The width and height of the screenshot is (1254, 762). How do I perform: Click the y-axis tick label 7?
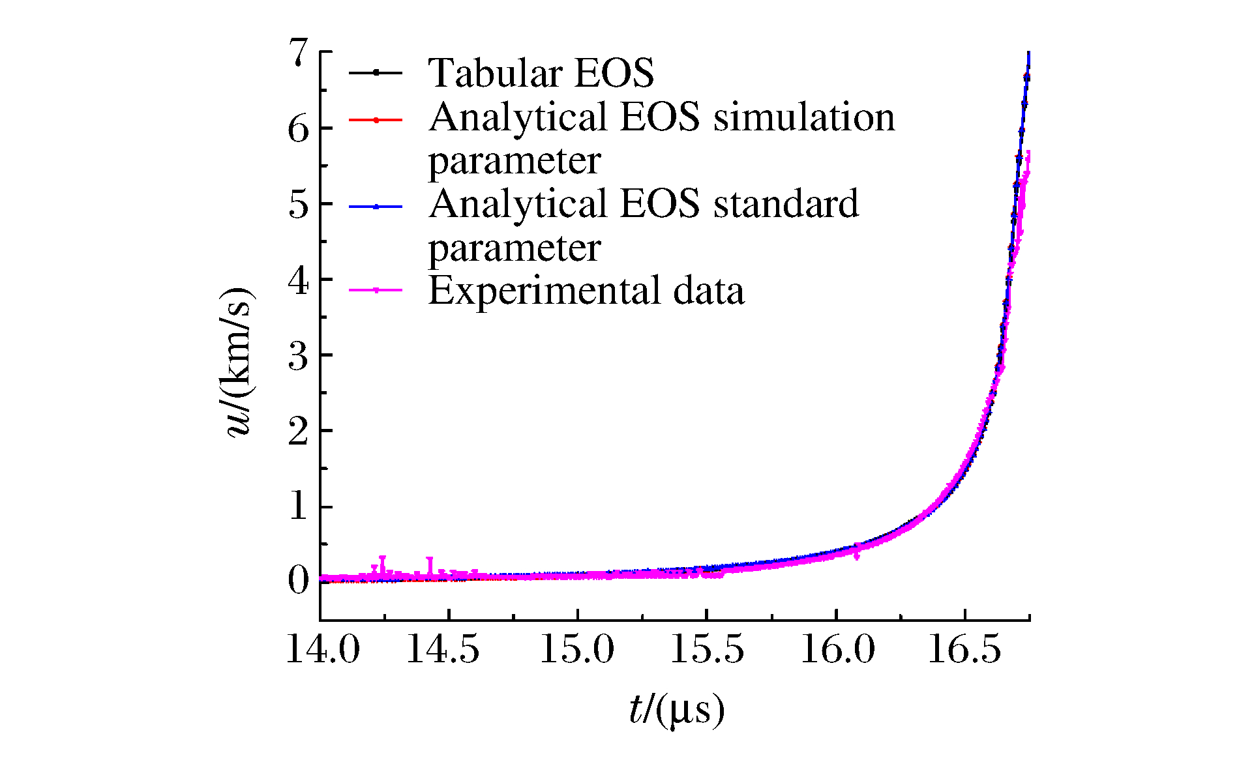pyautogui.click(x=298, y=53)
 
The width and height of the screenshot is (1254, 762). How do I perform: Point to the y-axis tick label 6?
pyautogui.click(x=298, y=128)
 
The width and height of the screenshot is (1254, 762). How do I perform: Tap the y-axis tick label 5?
pyautogui.click(x=298, y=204)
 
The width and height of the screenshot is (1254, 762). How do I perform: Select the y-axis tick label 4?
pyautogui.click(x=298, y=281)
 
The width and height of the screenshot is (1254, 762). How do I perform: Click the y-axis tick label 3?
pyautogui.click(x=298, y=356)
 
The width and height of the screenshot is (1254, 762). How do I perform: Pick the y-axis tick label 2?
pyautogui.click(x=298, y=431)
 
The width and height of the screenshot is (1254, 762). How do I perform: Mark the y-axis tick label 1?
pyautogui.click(x=298, y=506)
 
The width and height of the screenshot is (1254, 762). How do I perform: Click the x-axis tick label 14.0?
pyautogui.click(x=323, y=650)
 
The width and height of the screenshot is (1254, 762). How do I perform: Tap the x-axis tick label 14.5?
pyautogui.click(x=443, y=650)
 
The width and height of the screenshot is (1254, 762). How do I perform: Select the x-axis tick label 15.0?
pyautogui.click(x=577, y=650)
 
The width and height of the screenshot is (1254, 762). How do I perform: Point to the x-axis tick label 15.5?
pyautogui.click(x=707, y=650)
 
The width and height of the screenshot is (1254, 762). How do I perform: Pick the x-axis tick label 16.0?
pyautogui.click(x=837, y=650)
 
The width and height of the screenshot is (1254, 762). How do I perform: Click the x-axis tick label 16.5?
pyautogui.click(x=964, y=650)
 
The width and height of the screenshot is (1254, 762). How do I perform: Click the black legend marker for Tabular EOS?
pyautogui.click(x=376, y=72)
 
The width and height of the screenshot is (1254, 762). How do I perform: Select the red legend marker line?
pyautogui.click(x=376, y=119)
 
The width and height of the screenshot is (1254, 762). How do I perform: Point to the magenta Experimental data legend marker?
pyautogui.click(x=376, y=290)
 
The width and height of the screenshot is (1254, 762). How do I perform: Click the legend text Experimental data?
pyautogui.click(x=586, y=291)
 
